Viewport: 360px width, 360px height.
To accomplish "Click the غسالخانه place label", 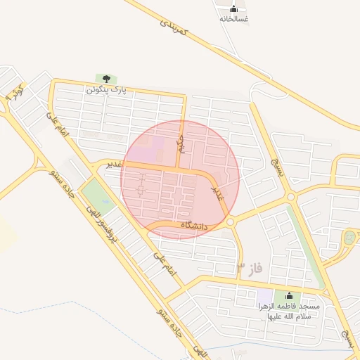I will (233, 20).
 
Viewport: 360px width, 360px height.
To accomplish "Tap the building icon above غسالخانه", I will (233, 8).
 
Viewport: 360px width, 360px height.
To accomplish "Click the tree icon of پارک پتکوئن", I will (106, 79).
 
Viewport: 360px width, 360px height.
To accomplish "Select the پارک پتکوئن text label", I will (106, 90).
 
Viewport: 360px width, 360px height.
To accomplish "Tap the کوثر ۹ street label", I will (15, 91).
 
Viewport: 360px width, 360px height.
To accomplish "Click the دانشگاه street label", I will (195, 226).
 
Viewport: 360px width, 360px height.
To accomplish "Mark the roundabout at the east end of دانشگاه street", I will (231, 222).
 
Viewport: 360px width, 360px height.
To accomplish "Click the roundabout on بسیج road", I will (291, 198).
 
